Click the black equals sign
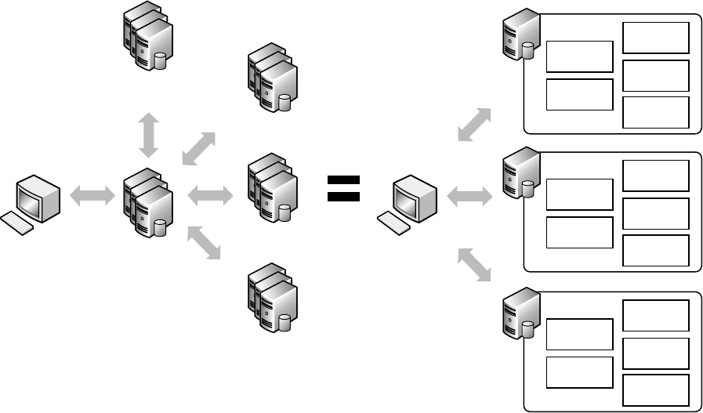342,188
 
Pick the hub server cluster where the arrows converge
147,203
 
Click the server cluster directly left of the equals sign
272,188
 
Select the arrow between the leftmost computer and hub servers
92,196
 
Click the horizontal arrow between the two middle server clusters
209,194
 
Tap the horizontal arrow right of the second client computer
469,196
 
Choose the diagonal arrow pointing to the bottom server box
474,264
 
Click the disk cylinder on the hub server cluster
161,227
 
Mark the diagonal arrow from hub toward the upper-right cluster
198,148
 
